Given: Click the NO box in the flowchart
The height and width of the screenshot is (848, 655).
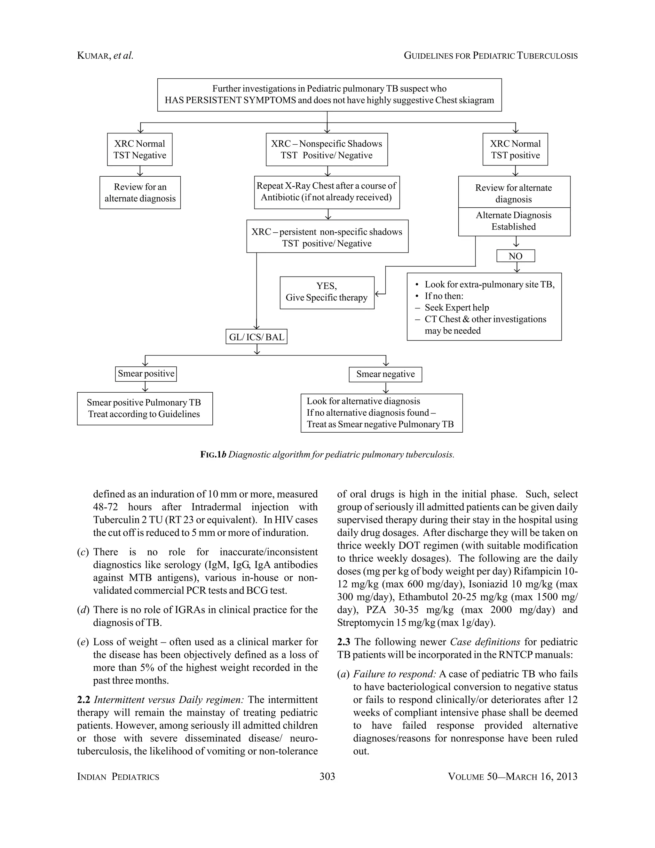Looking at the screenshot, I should point(515,256).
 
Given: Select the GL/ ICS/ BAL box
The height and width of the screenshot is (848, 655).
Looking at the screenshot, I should point(256,337).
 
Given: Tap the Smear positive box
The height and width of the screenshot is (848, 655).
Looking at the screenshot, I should point(146,373).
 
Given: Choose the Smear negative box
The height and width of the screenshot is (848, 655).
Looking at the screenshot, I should point(385,374).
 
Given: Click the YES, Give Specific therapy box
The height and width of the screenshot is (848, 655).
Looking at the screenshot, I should point(327,292).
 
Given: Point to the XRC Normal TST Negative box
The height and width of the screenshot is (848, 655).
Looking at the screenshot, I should point(140,149).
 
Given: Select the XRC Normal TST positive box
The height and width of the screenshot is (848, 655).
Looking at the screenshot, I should point(515,149).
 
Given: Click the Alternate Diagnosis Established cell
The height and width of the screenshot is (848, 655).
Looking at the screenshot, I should point(514,221).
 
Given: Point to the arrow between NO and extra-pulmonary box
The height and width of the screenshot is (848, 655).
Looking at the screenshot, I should point(517,268).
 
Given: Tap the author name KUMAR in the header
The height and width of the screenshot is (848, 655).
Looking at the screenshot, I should point(93,56).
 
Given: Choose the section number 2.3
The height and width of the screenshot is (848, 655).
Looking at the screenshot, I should point(343,642).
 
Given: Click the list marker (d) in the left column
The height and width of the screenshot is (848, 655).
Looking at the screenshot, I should point(83,610).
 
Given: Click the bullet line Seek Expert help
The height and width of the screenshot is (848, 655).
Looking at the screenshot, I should point(456,308).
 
